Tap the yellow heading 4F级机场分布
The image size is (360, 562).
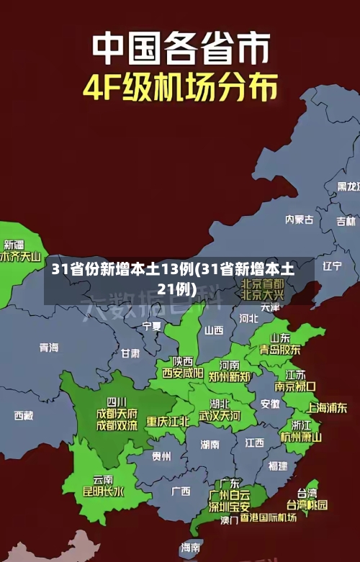[x=180, y=89]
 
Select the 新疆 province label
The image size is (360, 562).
[x=14, y=225]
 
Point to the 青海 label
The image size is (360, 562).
[x=49, y=347]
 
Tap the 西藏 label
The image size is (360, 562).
[x=24, y=415]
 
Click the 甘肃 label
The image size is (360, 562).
[x=130, y=353]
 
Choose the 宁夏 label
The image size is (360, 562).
[x=152, y=326]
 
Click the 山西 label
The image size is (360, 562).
[x=214, y=330]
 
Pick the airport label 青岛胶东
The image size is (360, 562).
[x=280, y=349]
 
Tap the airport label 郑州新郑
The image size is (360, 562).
[x=230, y=376]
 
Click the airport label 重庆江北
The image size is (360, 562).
[x=168, y=421]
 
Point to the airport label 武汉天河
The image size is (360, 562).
[x=220, y=415]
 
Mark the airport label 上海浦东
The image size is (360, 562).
[x=327, y=407]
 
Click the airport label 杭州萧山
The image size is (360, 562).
[x=301, y=436]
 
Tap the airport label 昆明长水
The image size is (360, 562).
[x=103, y=491]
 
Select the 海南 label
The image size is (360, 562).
[x=191, y=548]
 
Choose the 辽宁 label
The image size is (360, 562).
[x=332, y=266]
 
